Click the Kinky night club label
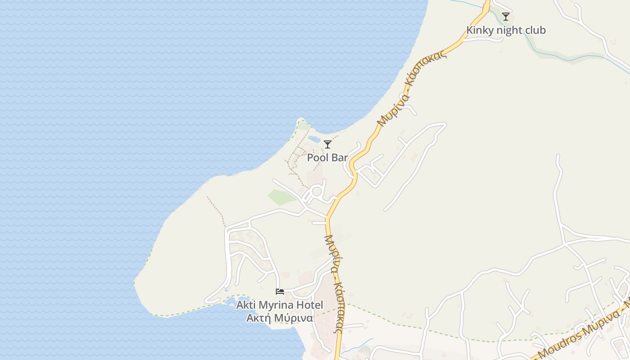506,30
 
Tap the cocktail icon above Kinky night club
506,17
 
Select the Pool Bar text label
328,157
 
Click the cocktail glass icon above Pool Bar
328,144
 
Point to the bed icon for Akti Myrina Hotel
280,292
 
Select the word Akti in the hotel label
246,305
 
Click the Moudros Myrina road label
580,332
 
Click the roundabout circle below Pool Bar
317,191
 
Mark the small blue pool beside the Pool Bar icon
315,140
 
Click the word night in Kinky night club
509,30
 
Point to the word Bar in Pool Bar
340,157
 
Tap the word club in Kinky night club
535,30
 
